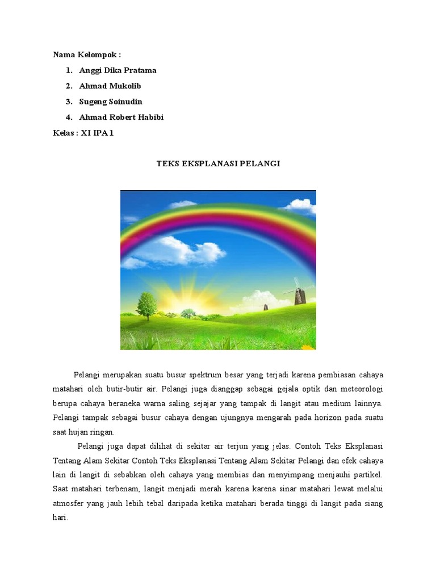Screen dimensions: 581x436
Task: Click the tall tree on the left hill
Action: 147,305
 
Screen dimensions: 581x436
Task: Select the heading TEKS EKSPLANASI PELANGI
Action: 218,163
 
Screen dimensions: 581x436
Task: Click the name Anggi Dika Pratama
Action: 118,70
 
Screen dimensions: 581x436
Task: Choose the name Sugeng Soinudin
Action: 111,102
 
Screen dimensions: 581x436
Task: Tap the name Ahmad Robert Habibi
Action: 121,117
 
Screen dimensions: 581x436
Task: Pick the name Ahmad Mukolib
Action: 110,86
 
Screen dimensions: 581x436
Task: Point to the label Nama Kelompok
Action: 87,54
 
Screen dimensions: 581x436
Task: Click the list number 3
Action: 69,102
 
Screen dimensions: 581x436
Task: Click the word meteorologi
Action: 359,389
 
